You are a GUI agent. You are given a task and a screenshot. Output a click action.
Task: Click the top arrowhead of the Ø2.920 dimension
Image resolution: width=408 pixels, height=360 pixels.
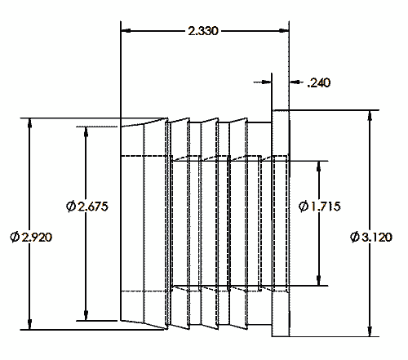(30, 123)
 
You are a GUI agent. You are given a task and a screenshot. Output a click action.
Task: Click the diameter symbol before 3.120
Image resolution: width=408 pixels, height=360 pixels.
(354, 236)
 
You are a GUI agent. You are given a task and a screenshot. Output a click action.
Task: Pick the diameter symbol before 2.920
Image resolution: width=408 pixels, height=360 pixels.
(14, 236)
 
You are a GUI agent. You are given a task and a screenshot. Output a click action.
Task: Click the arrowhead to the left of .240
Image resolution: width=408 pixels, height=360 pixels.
(267, 82)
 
